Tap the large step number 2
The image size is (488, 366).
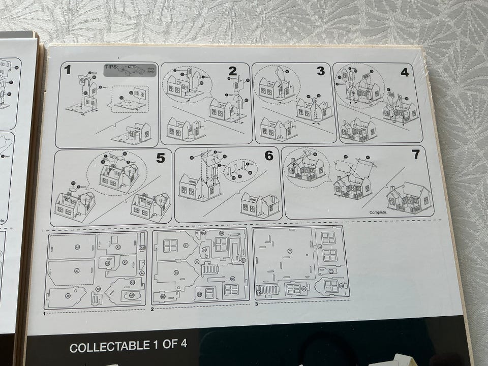click(232, 71)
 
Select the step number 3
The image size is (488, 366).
click(320, 71)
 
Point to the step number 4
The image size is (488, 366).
click(404, 72)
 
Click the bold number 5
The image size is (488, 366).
click(161, 158)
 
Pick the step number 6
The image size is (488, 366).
click(268, 156)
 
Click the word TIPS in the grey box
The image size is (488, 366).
click(111, 67)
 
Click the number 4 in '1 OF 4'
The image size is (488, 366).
click(184, 344)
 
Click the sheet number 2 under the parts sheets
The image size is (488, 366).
click(152, 309)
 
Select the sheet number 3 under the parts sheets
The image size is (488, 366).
click(257, 303)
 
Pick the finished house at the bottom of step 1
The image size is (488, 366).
click(133, 134)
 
